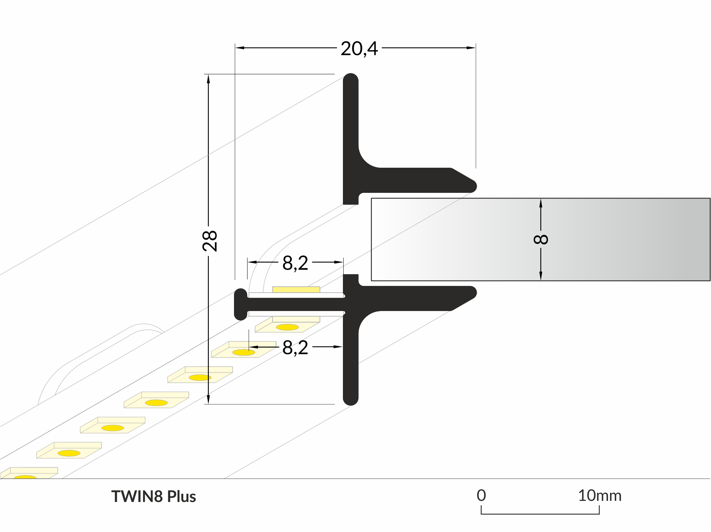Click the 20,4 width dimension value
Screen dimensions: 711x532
point(359,49)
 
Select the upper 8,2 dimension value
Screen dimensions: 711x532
point(295,263)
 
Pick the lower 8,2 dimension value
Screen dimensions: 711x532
point(295,347)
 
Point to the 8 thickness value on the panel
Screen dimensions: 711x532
point(541,239)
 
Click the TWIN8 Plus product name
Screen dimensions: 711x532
point(154,496)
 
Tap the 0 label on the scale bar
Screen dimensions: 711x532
point(481,496)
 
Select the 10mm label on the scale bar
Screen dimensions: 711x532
point(599,496)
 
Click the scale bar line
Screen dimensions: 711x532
point(540,514)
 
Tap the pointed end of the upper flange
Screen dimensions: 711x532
point(476,186)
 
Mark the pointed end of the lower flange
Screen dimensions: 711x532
point(476,293)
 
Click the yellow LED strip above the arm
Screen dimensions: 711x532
point(296,289)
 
